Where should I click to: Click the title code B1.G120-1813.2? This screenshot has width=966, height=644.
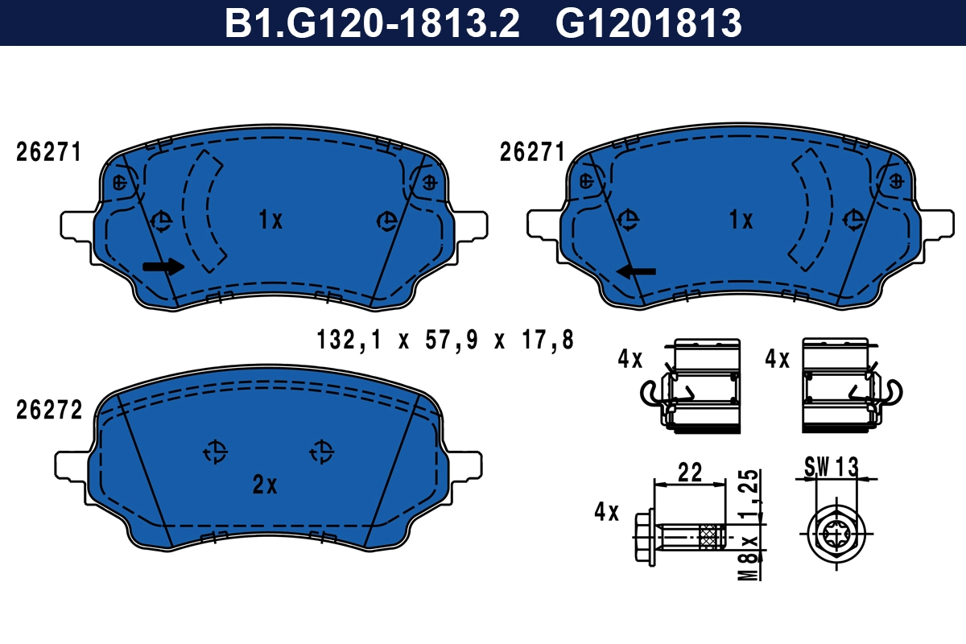[372, 23]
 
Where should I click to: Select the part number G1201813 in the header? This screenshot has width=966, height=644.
[648, 23]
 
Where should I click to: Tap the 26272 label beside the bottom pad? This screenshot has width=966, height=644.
[49, 411]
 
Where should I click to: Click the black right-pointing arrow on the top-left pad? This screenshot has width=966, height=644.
[163, 267]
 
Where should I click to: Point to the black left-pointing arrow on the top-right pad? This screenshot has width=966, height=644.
[636, 271]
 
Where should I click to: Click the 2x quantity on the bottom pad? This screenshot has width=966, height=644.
[265, 485]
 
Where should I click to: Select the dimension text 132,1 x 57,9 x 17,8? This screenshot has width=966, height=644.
[445, 340]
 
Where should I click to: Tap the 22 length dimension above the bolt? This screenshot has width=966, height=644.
[691, 472]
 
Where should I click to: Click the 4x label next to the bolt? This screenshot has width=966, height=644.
[606, 511]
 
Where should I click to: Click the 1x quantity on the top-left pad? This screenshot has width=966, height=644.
[270, 220]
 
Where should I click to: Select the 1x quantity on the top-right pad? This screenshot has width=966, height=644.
[740, 220]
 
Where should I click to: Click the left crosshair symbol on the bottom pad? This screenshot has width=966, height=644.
[215, 452]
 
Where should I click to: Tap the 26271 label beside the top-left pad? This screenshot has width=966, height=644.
[49, 152]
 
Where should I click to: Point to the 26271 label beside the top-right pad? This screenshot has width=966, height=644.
[532, 152]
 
